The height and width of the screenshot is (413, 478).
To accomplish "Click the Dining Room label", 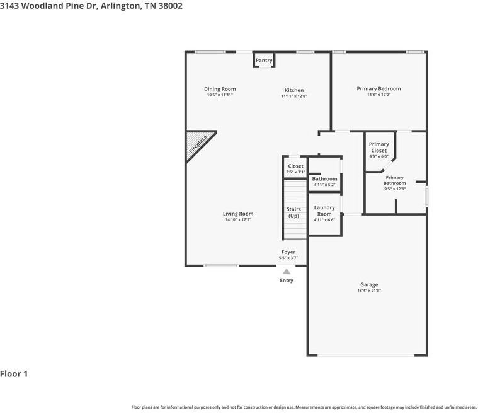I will click(220, 89).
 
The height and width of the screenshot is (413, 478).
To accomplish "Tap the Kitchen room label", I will click(294, 90).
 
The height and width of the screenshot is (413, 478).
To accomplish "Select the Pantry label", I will click(264, 61).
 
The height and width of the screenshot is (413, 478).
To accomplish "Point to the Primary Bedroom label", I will click(378, 89).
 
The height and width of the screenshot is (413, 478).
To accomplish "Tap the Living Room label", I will click(238, 214).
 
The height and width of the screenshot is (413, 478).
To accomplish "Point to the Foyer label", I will click(288, 252).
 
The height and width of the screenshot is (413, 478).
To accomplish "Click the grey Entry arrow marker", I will click(287, 271).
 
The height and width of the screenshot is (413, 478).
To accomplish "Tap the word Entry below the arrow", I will click(287, 281).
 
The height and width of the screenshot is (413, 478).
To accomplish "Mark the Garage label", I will click(369, 285).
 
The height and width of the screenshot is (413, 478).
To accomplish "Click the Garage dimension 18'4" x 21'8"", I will click(369, 290).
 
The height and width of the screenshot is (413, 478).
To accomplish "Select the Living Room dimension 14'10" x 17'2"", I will click(238, 219).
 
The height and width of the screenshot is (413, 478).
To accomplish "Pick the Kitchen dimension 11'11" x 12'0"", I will click(294, 96).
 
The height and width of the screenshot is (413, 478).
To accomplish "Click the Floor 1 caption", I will click(14, 374).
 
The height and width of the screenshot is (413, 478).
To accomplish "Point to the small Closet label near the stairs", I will click(295, 166).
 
